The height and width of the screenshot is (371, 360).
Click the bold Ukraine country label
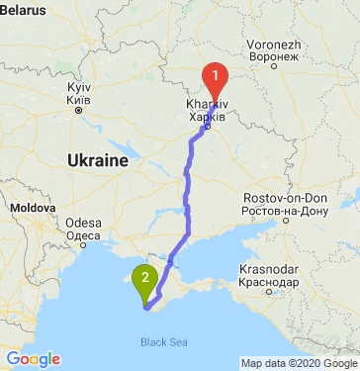coord(98,160)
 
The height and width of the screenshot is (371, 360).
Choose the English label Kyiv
coord(78,88)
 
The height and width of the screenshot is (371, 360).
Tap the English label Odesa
coord(82,223)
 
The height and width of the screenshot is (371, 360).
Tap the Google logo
coord(33,359)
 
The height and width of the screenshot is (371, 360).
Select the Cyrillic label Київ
coord(78,100)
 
